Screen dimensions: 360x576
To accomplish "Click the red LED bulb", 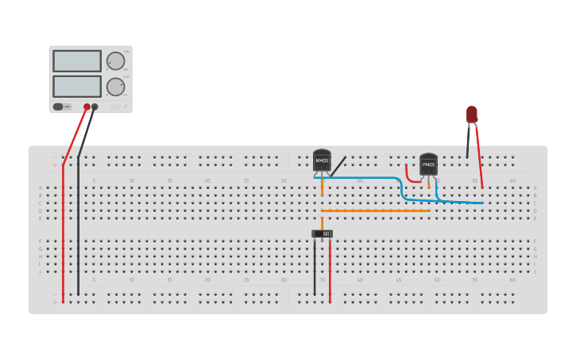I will click(x=472, y=114).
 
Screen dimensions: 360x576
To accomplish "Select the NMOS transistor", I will click(x=322, y=161).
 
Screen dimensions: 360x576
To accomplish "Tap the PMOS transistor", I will click(x=428, y=165).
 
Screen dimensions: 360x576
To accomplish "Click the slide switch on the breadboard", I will click(x=323, y=234).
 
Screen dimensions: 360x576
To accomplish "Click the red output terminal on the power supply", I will click(x=87, y=106).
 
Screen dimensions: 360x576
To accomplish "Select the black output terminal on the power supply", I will click(x=95, y=106).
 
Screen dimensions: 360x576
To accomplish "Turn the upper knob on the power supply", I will click(x=115, y=61).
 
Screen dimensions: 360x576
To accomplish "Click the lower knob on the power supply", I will click(x=115, y=86).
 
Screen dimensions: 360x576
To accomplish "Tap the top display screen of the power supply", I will click(x=77, y=61).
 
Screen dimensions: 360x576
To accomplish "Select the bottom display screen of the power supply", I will click(x=77, y=86).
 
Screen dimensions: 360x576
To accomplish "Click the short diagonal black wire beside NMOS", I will click(x=338, y=166).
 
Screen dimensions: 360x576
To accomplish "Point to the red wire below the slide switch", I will click(x=331, y=266).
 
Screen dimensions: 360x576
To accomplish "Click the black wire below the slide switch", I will click(x=315, y=266).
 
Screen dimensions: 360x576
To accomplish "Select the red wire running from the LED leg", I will click(x=478, y=167).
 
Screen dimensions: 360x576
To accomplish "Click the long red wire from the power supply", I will click(x=64, y=223).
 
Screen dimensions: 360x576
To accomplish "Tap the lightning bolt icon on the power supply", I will click(x=126, y=106).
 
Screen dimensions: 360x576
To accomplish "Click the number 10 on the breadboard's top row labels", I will click(x=132, y=181).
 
